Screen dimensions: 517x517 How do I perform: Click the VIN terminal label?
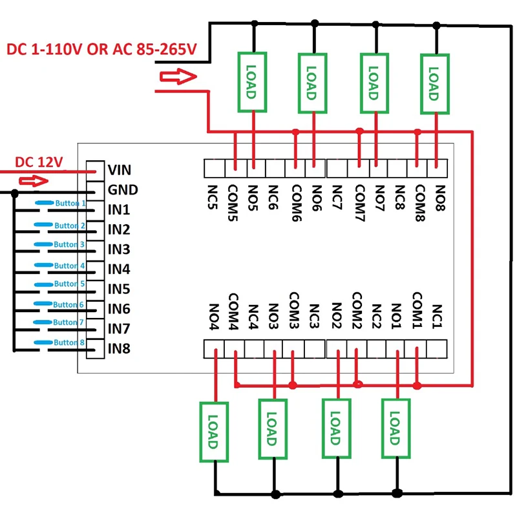(120, 171)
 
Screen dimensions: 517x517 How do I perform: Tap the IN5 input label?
(119, 289)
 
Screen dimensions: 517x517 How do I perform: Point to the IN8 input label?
(119, 350)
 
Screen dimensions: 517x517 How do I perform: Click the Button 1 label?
(70, 203)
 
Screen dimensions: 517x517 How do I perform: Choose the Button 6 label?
(69, 304)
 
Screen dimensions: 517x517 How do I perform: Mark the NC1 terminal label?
(437, 316)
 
